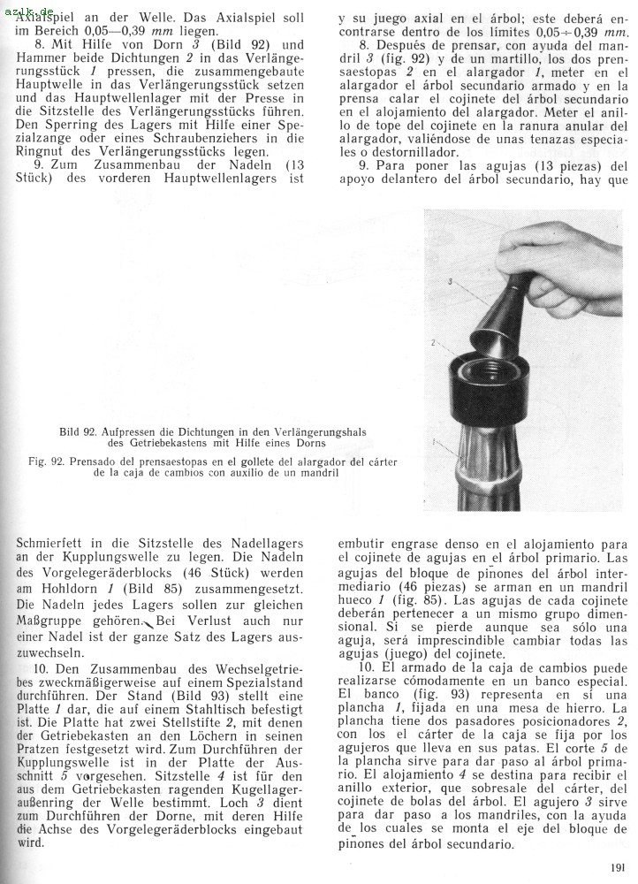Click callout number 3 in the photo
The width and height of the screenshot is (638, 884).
point(451,281)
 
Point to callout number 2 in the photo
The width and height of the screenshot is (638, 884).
point(433,341)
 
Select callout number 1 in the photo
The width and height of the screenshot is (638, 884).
point(433,439)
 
